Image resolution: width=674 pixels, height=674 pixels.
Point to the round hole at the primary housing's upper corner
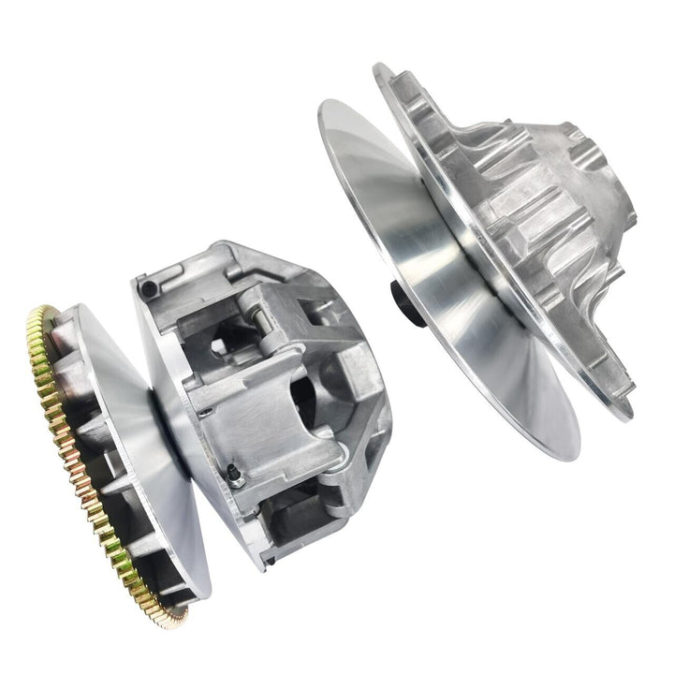point(149,285)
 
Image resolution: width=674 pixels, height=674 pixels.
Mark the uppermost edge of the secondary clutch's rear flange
point(378,68)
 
